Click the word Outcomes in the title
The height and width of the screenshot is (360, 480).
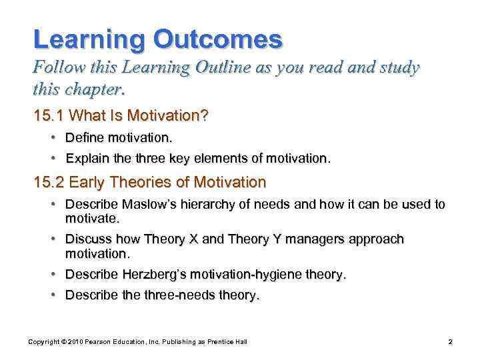218,39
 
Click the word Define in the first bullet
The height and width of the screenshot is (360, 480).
83,139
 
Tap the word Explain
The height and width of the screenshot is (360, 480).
87,159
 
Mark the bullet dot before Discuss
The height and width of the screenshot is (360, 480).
52,239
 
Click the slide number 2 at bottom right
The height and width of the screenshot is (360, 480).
451,342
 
